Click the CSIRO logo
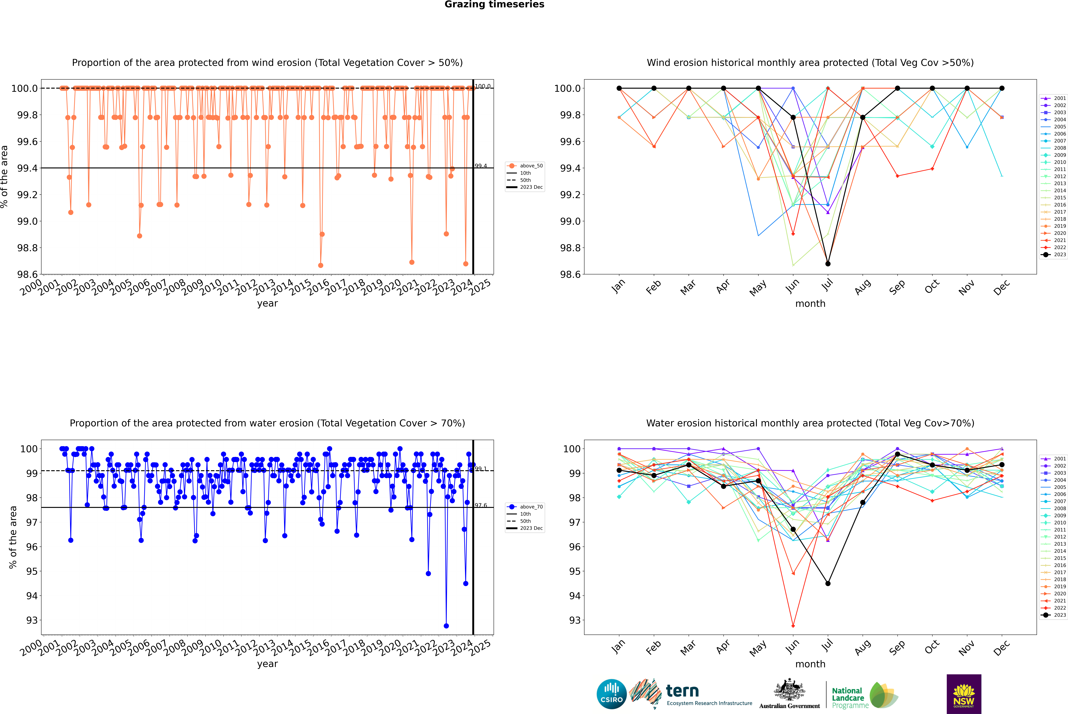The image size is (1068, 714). (611, 694)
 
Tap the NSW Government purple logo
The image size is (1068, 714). (964, 694)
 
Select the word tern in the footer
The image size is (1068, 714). (682, 691)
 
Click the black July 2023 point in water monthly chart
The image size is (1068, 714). (828, 583)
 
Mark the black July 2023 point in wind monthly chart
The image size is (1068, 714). (828, 264)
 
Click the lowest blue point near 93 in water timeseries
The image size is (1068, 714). (446, 626)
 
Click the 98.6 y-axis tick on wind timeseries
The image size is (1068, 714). (27, 274)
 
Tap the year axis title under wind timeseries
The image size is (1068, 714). (267, 303)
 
